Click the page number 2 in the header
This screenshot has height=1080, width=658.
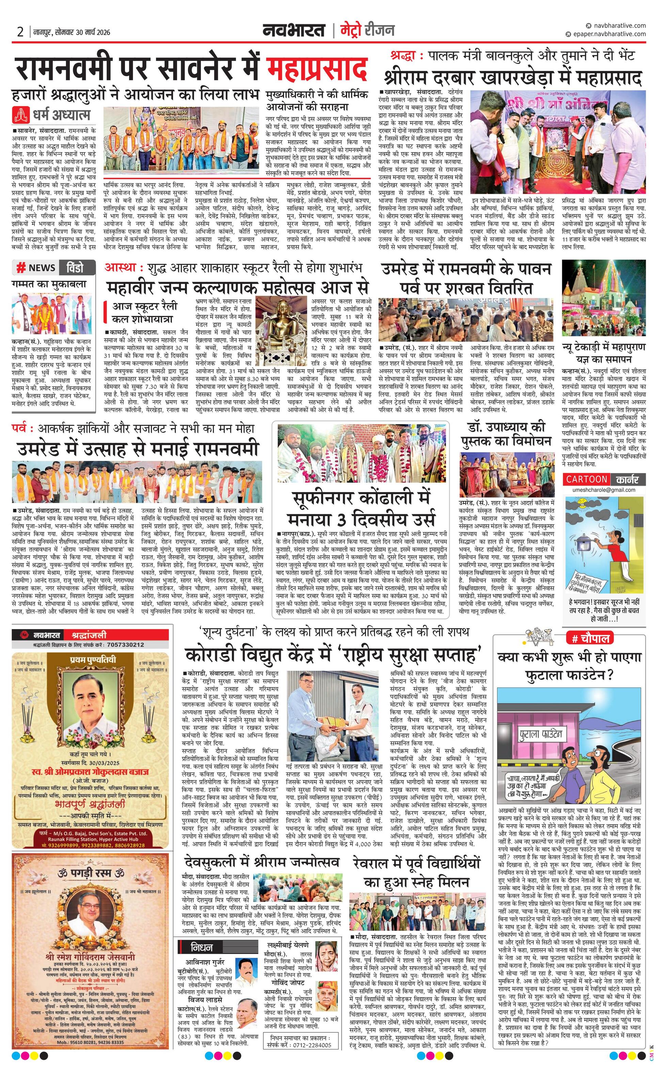pyautogui.click(x=20, y=32)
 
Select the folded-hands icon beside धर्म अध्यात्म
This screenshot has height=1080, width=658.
pyautogui.click(x=20, y=114)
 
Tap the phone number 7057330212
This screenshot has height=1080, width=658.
pyautogui.click(x=125, y=645)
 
